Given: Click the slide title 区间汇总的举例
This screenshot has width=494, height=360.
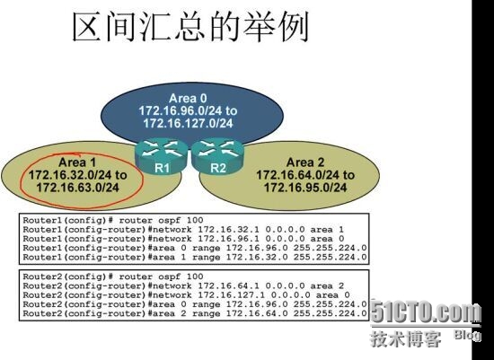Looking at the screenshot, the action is (190, 27).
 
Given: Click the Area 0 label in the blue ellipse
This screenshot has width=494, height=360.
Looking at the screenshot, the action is (188, 98).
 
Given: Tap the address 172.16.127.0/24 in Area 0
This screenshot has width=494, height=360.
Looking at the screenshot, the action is (188, 123).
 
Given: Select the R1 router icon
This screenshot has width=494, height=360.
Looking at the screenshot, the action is (162, 156).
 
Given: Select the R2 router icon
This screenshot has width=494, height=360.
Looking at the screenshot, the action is (217, 156).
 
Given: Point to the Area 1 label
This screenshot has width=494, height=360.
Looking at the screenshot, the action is (77, 162).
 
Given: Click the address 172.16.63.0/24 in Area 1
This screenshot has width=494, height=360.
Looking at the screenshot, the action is (78, 188).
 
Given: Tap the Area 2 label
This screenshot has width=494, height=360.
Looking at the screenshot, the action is (305, 162).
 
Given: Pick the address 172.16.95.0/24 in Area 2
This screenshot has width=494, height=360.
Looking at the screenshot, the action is (305, 188).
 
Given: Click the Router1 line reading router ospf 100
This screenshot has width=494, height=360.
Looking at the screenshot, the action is (113, 220).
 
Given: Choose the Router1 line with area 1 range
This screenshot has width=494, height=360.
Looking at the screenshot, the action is (195, 257).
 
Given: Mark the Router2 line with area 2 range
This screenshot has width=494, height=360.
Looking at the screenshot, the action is (195, 313).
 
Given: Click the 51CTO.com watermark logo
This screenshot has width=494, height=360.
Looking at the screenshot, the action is (426, 312).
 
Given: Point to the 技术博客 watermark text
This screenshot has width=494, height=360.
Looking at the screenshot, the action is (406, 339).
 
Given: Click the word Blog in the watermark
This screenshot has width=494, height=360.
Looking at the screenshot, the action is (467, 335).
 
